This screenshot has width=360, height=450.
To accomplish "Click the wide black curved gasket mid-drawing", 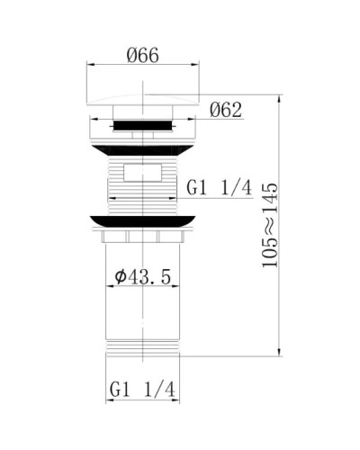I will point(144,220).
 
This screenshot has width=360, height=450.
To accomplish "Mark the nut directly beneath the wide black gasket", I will point(144,238).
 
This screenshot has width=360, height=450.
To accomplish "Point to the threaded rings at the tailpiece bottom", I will point(144,347).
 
